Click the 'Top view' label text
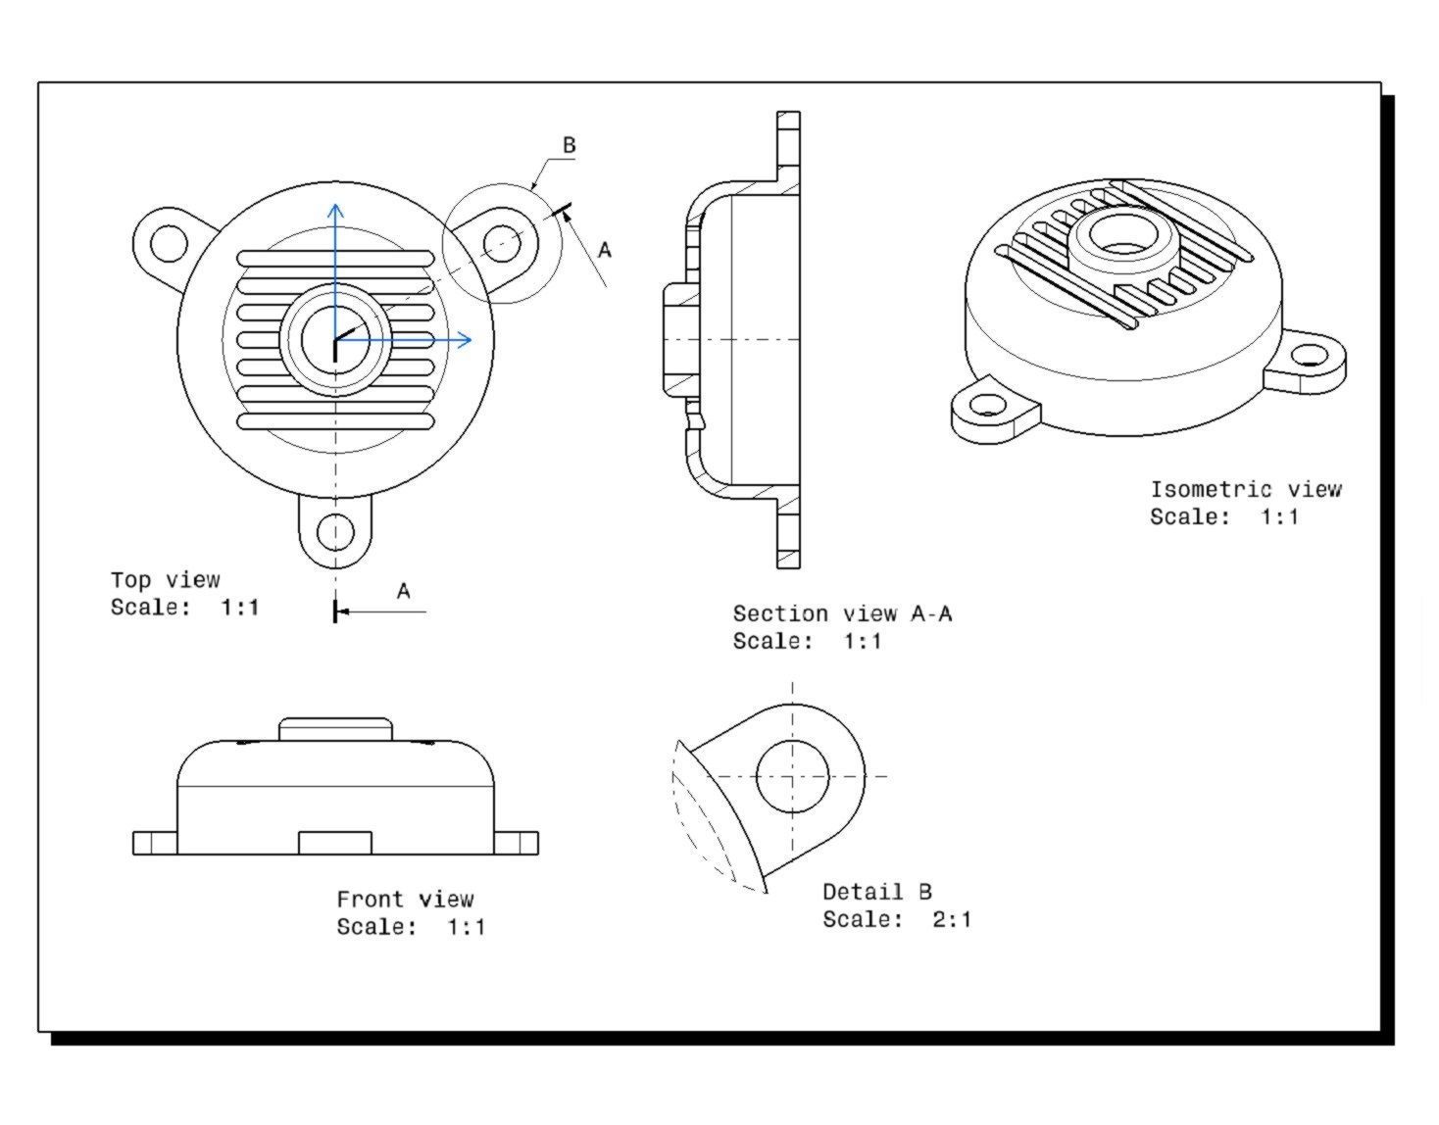(x=165, y=580)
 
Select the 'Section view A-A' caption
(x=841, y=614)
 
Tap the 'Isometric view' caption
(x=1245, y=489)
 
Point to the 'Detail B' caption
(x=876, y=892)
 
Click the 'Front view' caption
(x=405, y=900)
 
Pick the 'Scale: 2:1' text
(x=896, y=919)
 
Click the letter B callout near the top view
(x=569, y=145)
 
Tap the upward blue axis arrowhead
(x=335, y=210)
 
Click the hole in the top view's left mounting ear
(x=169, y=242)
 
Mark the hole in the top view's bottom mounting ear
(x=335, y=531)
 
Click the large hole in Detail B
(x=792, y=776)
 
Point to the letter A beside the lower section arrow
(x=403, y=591)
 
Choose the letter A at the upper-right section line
(x=604, y=250)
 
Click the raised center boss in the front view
(x=335, y=729)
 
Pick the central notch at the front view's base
(x=334, y=843)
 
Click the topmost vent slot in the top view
(x=335, y=259)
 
